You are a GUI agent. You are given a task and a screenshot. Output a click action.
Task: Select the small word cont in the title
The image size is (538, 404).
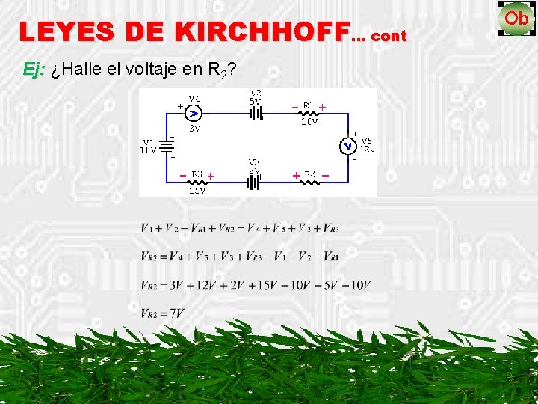pyautogui.click(x=389, y=35)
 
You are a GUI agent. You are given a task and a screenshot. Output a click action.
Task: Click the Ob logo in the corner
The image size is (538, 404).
pyautogui.click(x=516, y=18)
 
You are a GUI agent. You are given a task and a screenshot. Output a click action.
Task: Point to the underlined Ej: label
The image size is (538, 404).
pyautogui.click(x=34, y=70)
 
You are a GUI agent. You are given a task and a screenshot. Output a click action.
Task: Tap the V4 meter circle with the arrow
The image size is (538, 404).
pyautogui.click(x=194, y=113)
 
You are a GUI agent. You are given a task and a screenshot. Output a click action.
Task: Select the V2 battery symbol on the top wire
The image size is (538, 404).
pyautogui.click(x=256, y=114)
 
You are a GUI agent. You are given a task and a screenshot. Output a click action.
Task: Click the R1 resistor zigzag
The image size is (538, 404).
pyautogui.click(x=309, y=114)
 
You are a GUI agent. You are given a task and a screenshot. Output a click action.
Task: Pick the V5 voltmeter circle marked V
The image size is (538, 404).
pyautogui.click(x=348, y=146)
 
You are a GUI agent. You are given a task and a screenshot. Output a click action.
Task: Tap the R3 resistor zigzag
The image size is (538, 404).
pyautogui.click(x=197, y=182)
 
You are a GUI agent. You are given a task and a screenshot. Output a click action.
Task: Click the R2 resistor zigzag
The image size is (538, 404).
pyautogui.click(x=309, y=182)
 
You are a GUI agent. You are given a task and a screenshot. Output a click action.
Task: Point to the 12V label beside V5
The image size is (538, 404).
pyautogui.click(x=368, y=148)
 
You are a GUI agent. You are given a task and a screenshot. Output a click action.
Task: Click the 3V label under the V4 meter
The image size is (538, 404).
pyautogui.click(x=194, y=128)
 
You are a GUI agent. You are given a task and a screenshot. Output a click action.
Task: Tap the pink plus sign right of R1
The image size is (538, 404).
pyautogui.click(x=323, y=105)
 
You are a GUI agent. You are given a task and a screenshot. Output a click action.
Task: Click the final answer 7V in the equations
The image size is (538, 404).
pyautogui.click(x=176, y=313)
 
